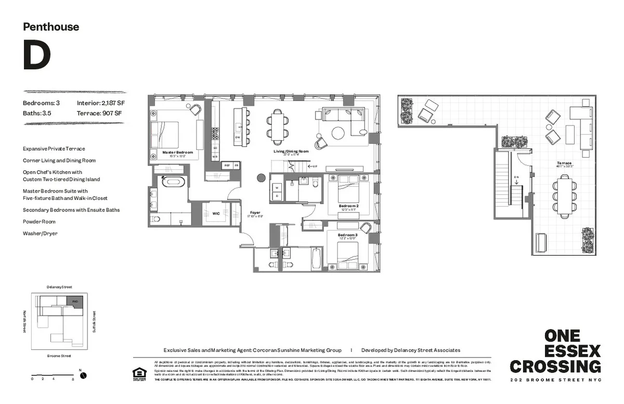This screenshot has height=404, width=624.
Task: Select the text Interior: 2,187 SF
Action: click(x=101, y=103)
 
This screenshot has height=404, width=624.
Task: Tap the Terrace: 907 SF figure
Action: click(x=99, y=113)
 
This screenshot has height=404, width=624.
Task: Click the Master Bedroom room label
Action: click(x=177, y=153)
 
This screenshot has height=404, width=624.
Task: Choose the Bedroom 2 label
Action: click(x=348, y=206)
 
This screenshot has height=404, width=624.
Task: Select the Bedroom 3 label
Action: click(x=347, y=235)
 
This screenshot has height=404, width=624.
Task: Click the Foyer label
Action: click(x=255, y=212)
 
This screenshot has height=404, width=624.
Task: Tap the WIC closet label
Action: click(x=216, y=213)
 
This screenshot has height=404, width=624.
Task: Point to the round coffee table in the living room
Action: click(x=338, y=133)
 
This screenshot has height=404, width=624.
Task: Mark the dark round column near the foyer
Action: click(x=262, y=179)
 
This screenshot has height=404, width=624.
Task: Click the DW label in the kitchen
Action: click(x=237, y=137)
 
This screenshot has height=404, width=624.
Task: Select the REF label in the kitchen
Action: click(x=227, y=165)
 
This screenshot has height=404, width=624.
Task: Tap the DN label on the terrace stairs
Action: click(x=516, y=177)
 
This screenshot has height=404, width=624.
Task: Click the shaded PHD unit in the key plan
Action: click(x=75, y=301)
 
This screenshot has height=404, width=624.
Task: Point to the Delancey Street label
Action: click(x=59, y=287)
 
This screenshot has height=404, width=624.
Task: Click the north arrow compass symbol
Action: click(x=83, y=375)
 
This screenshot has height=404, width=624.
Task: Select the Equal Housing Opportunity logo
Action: click(x=139, y=374)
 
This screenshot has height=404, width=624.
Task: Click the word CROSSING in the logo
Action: click(x=555, y=366)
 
